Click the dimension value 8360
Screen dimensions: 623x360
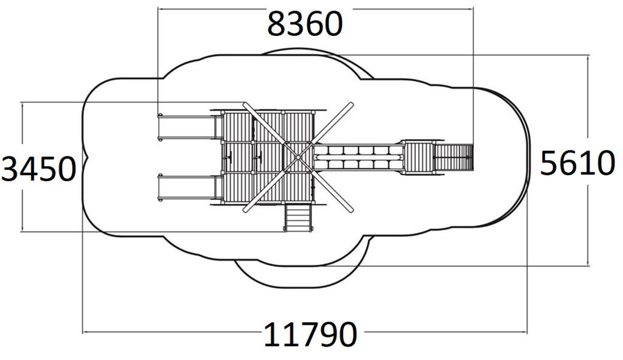pos(305,24)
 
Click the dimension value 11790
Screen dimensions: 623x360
pos(310,334)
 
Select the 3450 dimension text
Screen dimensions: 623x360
pos(38,169)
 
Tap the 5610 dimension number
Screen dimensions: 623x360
pos(578,164)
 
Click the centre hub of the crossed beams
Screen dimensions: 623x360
pos(298,157)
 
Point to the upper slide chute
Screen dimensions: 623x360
pos(187,127)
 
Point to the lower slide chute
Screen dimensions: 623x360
pos(187,187)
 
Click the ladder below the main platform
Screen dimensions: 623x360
pos(298,217)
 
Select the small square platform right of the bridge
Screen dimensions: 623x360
pos(419,157)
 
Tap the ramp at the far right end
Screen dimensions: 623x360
pos(453,157)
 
